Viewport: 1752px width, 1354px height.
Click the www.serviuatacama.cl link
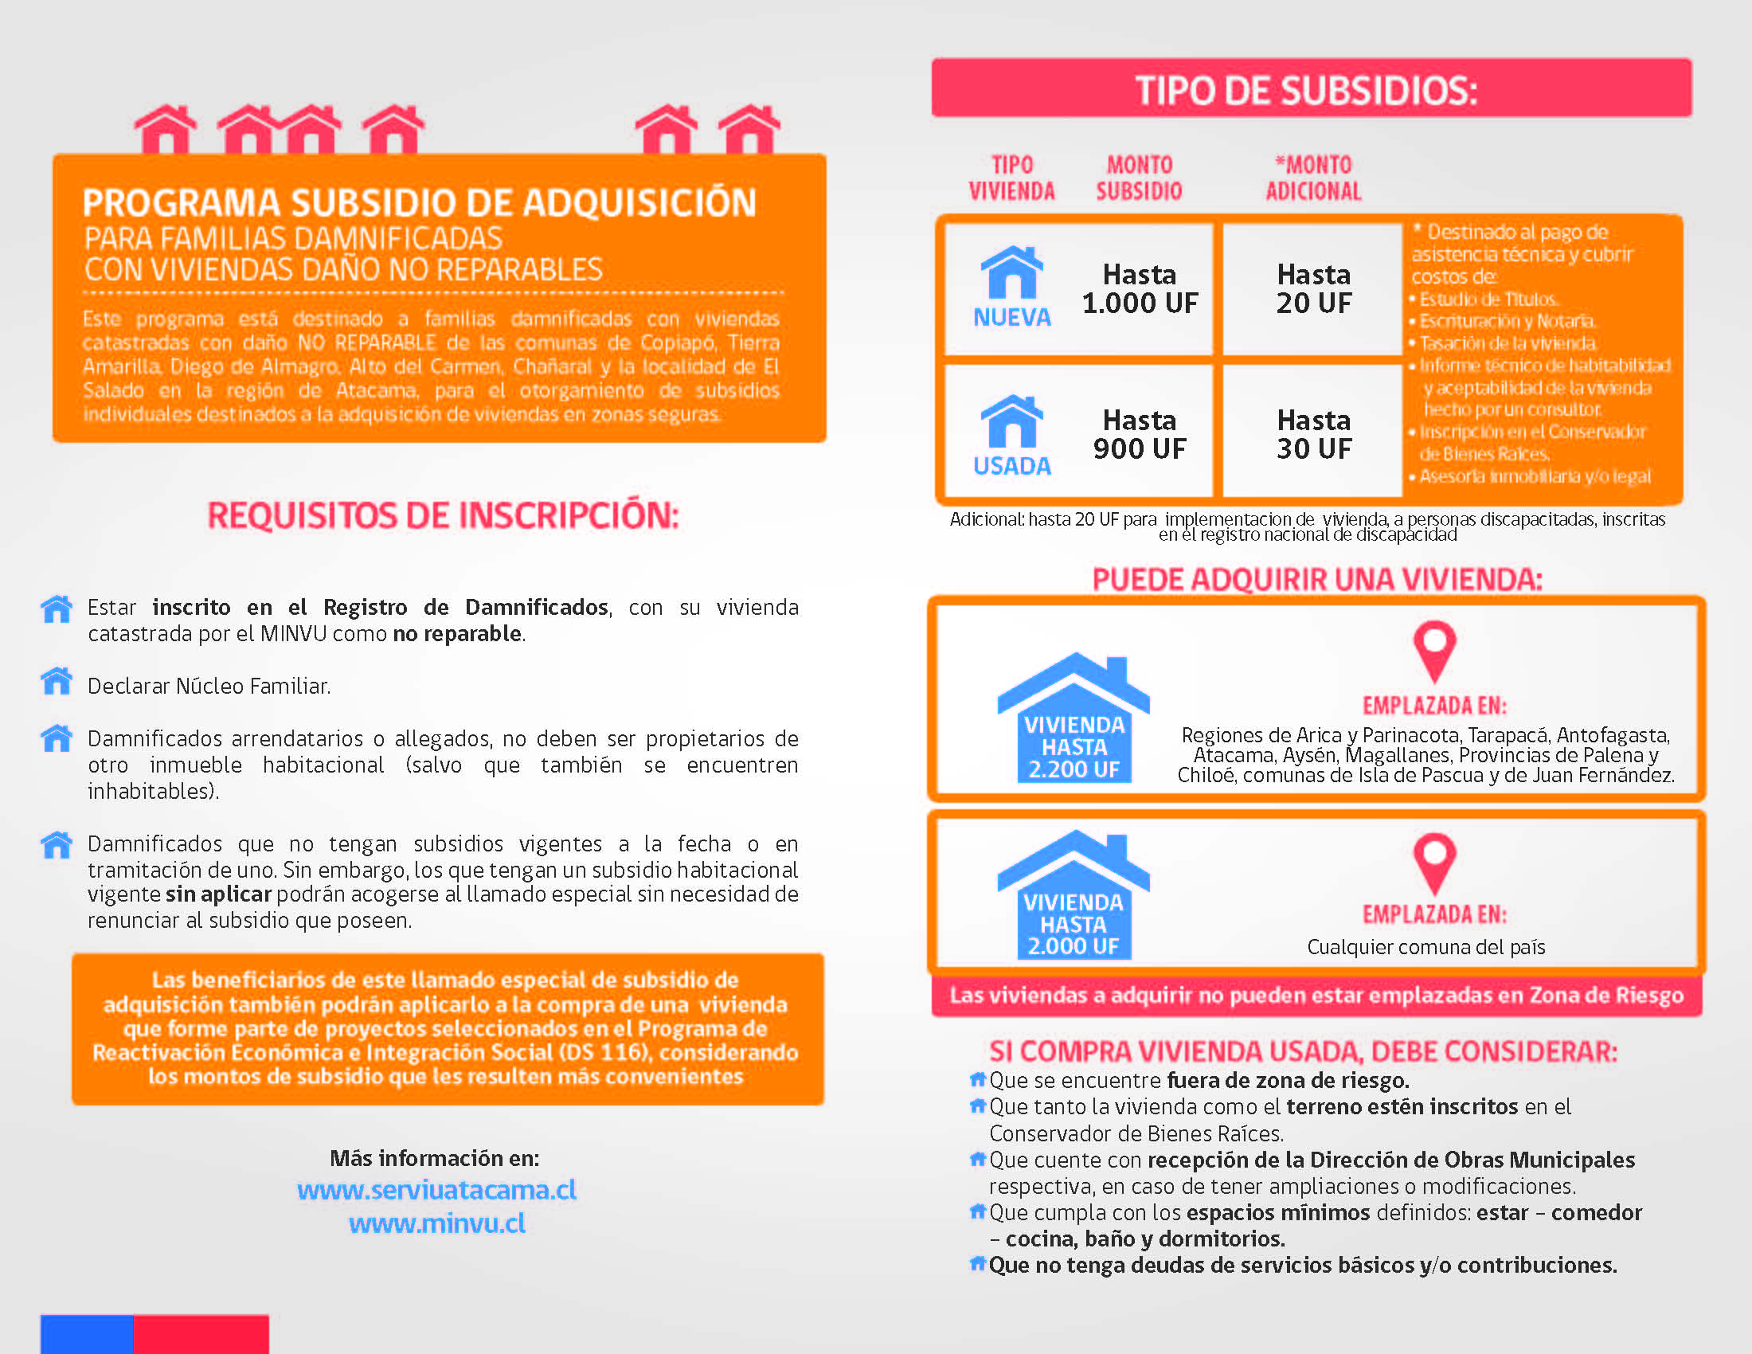click(x=436, y=1189)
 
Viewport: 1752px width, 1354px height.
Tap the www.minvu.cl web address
click(x=436, y=1223)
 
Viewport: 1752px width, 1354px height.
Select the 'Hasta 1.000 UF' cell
click(x=1139, y=289)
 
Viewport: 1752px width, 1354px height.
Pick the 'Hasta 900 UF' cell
click(x=1139, y=434)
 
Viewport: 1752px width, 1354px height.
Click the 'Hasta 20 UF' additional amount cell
click(x=1313, y=289)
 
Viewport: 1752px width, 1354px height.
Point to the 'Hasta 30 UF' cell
click(x=1313, y=434)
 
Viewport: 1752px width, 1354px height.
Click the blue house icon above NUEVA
click(x=1011, y=272)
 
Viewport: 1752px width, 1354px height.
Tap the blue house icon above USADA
click(x=1011, y=422)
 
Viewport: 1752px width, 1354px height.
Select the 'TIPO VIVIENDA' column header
click(x=1011, y=178)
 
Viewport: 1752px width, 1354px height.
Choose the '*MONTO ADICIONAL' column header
click(x=1313, y=178)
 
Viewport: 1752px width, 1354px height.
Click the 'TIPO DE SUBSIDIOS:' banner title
click(x=1305, y=90)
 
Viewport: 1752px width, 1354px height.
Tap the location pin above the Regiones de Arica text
click(x=1434, y=650)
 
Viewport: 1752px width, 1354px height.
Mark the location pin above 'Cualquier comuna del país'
click(x=1434, y=863)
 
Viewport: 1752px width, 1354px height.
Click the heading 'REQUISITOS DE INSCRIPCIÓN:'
click(x=443, y=515)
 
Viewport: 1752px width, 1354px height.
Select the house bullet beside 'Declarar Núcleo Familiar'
click(x=57, y=682)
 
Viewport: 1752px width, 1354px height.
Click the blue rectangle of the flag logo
click(x=87, y=1333)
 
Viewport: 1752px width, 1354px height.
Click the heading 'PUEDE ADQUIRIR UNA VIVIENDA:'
click(x=1317, y=579)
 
